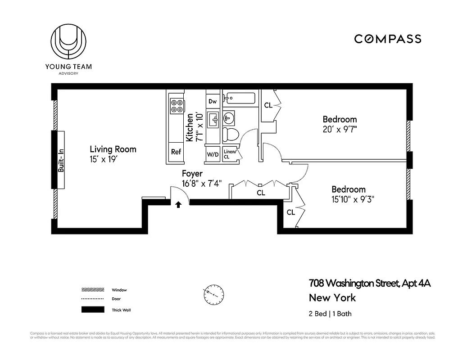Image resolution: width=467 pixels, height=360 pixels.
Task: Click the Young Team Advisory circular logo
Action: [x=68, y=42]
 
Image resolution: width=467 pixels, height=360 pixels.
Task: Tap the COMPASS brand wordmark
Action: [x=387, y=39]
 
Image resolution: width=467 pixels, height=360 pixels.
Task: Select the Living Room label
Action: [x=113, y=149]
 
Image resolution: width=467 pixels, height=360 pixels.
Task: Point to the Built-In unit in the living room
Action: [x=60, y=160]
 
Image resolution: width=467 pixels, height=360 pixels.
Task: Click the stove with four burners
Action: [x=177, y=106]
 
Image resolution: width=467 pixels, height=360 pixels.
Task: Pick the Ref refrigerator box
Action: [x=176, y=152]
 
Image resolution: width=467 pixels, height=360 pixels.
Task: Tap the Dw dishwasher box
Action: [x=213, y=101]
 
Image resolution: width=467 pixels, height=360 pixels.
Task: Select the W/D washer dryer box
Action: [x=213, y=154]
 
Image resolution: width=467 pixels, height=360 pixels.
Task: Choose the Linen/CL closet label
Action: [x=230, y=154]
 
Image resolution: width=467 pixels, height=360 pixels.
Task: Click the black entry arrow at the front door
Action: [x=178, y=204]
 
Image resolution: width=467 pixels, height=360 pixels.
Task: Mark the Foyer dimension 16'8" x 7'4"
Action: [x=202, y=183]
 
